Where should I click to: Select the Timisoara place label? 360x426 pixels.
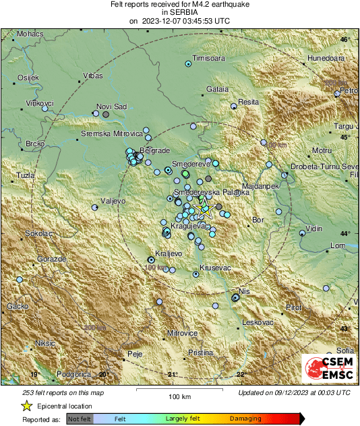(x=208, y=59)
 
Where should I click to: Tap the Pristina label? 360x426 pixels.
(x=200, y=353)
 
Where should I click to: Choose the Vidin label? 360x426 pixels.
(x=315, y=229)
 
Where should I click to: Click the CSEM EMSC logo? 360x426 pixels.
(x=326, y=368)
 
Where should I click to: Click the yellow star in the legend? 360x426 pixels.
(x=27, y=406)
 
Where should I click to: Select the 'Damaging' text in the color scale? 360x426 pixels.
(x=245, y=419)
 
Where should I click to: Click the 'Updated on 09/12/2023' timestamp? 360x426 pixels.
(x=294, y=392)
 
